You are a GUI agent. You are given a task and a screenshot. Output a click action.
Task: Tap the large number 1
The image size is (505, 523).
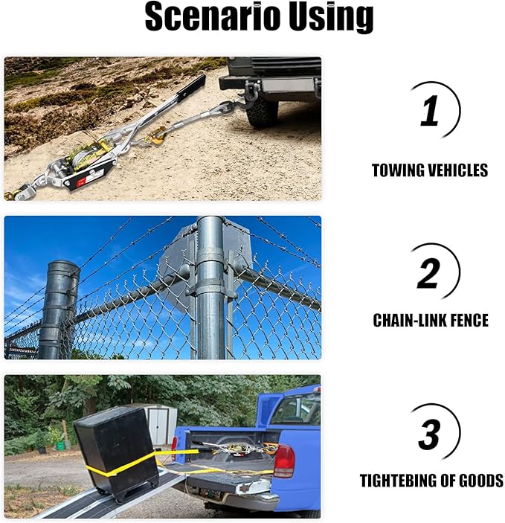tap(430, 112)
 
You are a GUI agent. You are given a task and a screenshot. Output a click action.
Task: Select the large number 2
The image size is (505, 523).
tap(428, 273)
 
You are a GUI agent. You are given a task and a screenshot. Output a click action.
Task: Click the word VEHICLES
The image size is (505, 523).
tap(457, 170)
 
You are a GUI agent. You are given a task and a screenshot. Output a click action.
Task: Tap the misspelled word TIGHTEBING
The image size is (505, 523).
tap(404, 481)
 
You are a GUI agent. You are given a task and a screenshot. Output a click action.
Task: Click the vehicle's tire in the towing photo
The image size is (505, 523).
tap(262, 112)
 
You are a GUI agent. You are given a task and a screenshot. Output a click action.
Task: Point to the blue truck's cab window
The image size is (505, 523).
tap(297, 408)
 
